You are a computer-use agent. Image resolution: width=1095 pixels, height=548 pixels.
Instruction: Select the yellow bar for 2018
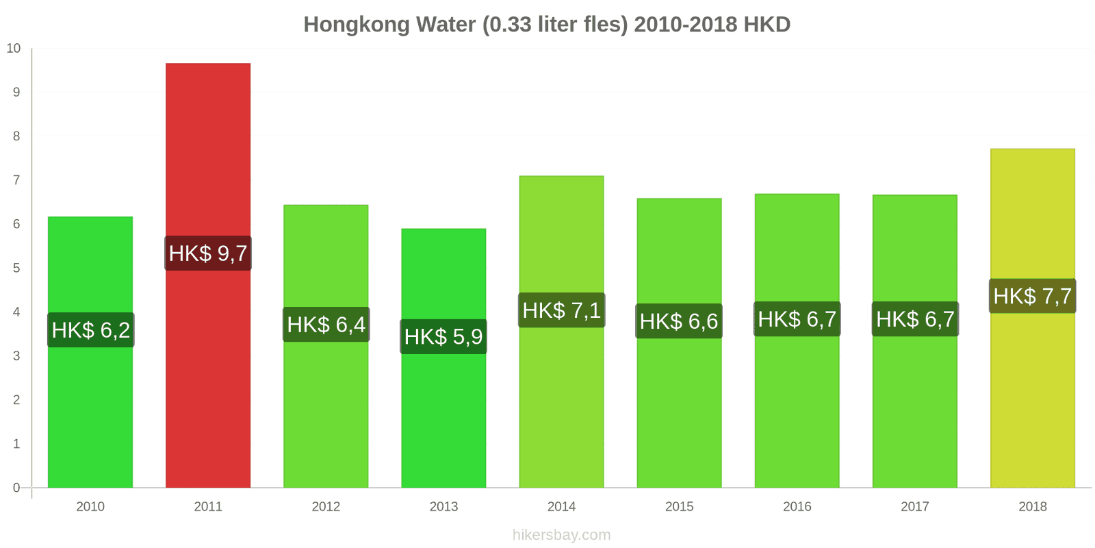1032,397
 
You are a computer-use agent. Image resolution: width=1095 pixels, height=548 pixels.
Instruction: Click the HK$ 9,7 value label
208,253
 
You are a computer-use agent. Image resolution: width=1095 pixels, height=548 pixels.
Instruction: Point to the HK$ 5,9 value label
443,336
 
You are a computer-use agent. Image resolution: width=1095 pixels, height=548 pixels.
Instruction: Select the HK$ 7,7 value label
1032,296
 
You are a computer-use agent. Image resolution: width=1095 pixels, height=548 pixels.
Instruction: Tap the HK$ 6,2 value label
91,330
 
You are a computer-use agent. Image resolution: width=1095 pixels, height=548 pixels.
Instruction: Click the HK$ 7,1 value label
561,310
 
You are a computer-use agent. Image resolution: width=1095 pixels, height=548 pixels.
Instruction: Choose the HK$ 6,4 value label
326,325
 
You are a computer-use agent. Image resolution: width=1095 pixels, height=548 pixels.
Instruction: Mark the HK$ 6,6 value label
679,321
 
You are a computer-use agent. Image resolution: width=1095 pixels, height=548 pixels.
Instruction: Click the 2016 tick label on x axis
797,506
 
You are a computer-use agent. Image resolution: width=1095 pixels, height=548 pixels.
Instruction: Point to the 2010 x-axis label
90,506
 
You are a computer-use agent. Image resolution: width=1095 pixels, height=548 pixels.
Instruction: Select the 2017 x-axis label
914,506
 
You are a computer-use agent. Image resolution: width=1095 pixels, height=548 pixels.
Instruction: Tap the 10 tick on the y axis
14,49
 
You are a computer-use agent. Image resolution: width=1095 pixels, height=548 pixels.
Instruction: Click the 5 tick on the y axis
16,268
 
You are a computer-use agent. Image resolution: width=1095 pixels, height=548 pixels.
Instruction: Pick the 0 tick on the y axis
16,488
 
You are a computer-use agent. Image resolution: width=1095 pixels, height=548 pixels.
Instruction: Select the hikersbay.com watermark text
561,535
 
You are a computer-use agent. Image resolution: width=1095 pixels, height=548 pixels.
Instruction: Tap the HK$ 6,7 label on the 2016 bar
797,319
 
